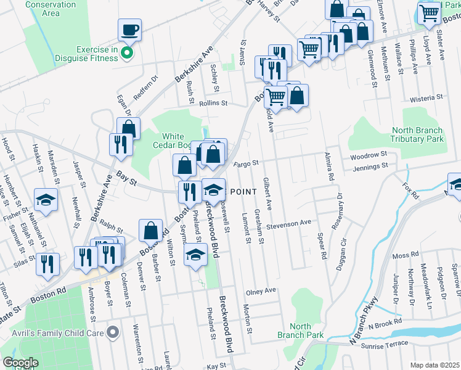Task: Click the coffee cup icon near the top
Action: click(x=129, y=29)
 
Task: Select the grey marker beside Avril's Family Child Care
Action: click(x=112, y=332)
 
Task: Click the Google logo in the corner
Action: click(x=20, y=363)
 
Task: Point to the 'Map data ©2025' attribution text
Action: click(x=435, y=365)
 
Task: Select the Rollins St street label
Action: click(x=213, y=104)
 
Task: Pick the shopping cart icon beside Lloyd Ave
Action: click(x=429, y=12)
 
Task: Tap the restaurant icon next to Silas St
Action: click(x=47, y=264)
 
